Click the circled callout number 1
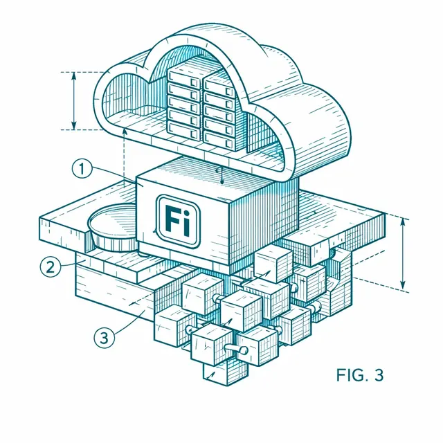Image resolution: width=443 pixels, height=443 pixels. (x=82, y=169)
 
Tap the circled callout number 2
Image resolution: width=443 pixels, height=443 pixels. (x=51, y=267)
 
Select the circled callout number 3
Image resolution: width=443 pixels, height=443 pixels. (x=105, y=337)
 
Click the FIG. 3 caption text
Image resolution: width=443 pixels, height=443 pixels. (x=360, y=375)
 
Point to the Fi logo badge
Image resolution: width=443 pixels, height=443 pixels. (x=178, y=221)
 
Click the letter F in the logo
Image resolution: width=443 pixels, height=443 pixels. (x=172, y=219)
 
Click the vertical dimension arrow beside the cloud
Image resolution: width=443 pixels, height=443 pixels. (x=74, y=100)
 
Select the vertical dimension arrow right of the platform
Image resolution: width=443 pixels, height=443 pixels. (x=403, y=253)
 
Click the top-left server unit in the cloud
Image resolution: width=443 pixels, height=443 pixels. (x=185, y=79)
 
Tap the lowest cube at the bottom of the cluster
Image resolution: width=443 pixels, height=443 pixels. (x=226, y=372)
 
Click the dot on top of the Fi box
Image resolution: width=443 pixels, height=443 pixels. (x=222, y=183)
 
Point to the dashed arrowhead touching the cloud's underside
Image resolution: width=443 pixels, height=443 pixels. (x=125, y=131)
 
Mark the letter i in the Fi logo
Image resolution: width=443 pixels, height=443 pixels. (x=186, y=221)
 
